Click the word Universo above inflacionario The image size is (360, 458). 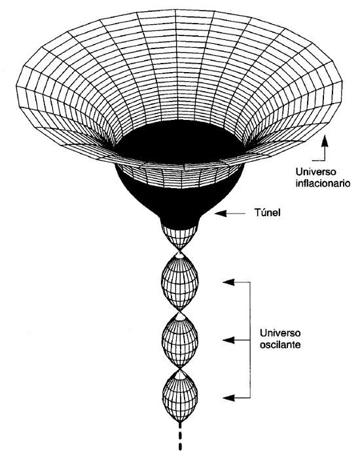click(x=315, y=172)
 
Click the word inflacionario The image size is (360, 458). click(x=323, y=183)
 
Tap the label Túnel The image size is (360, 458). click(x=267, y=212)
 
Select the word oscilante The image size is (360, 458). click(x=279, y=345)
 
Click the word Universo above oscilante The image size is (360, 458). click(x=279, y=333)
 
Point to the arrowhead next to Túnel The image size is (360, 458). click(x=221, y=214)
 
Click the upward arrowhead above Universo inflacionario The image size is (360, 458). click(x=325, y=142)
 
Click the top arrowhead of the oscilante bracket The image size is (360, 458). click(x=228, y=282)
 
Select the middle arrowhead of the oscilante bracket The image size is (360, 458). click(x=228, y=340)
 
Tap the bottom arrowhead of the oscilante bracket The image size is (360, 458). click(x=228, y=398)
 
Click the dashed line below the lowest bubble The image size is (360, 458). click(x=180, y=439)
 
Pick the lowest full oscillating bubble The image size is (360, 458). click(x=180, y=396)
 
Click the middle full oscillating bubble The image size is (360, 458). click(x=180, y=339)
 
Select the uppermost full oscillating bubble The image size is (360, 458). click(x=180, y=281)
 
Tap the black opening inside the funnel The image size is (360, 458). click(x=179, y=143)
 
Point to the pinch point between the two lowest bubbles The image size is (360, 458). click(x=180, y=369)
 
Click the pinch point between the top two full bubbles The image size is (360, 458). click(x=180, y=311)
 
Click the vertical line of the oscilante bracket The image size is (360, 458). click(x=250, y=339)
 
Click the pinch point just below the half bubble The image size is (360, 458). click(x=180, y=252)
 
